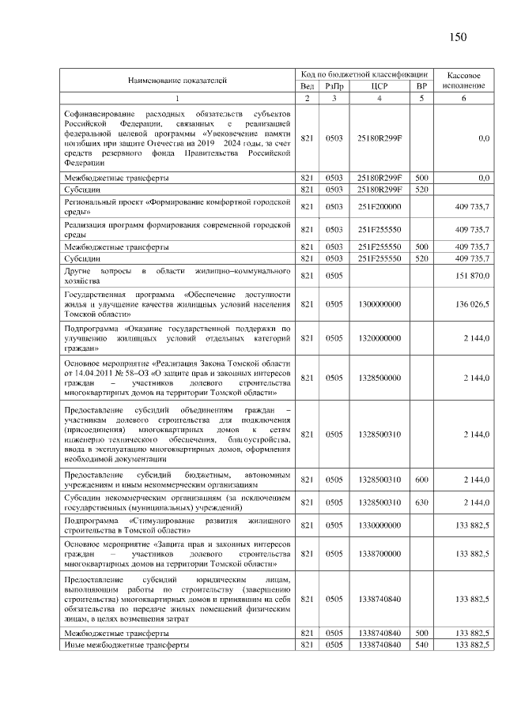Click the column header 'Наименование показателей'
point(177,80)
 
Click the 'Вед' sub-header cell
point(308,86)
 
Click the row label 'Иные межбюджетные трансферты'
point(127,646)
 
